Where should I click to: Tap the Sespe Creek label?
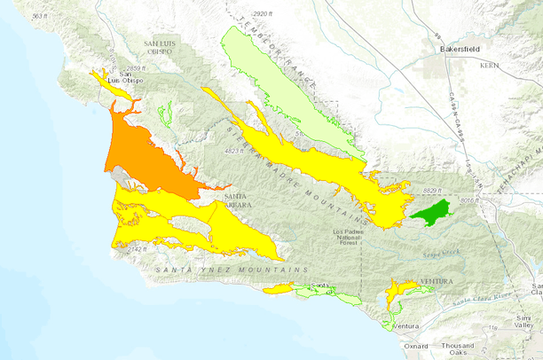(450, 252)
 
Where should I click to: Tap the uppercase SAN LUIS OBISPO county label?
(161, 47)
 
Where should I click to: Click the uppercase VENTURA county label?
(436, 281)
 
